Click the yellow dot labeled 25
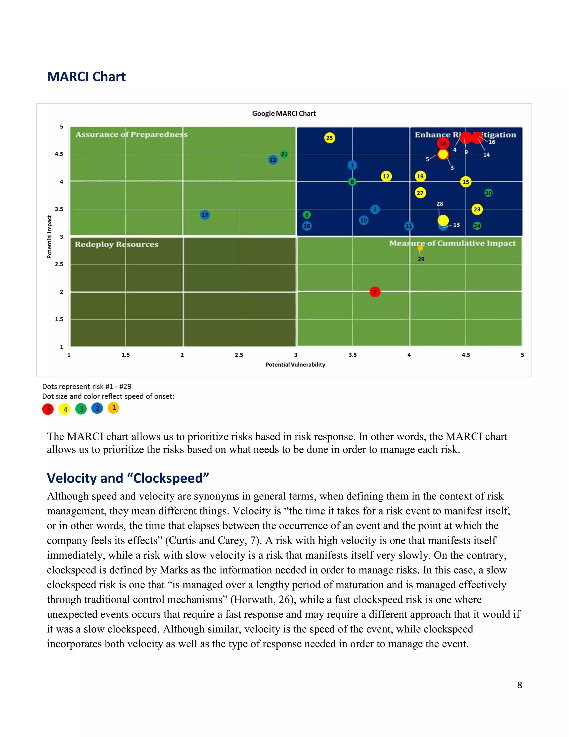329,138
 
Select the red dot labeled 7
375,292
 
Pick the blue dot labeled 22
273,160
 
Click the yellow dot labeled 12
386,176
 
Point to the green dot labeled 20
488,193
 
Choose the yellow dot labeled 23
477,209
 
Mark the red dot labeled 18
443,143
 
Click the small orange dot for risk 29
420,248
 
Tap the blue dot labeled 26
307,226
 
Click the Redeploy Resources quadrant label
116,244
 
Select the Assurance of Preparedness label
131,134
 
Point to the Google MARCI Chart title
284,113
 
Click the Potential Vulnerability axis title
295,364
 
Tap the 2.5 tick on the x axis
239,355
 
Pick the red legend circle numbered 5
48,409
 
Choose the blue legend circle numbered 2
97,408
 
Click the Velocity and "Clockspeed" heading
128,478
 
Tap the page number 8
520,685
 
